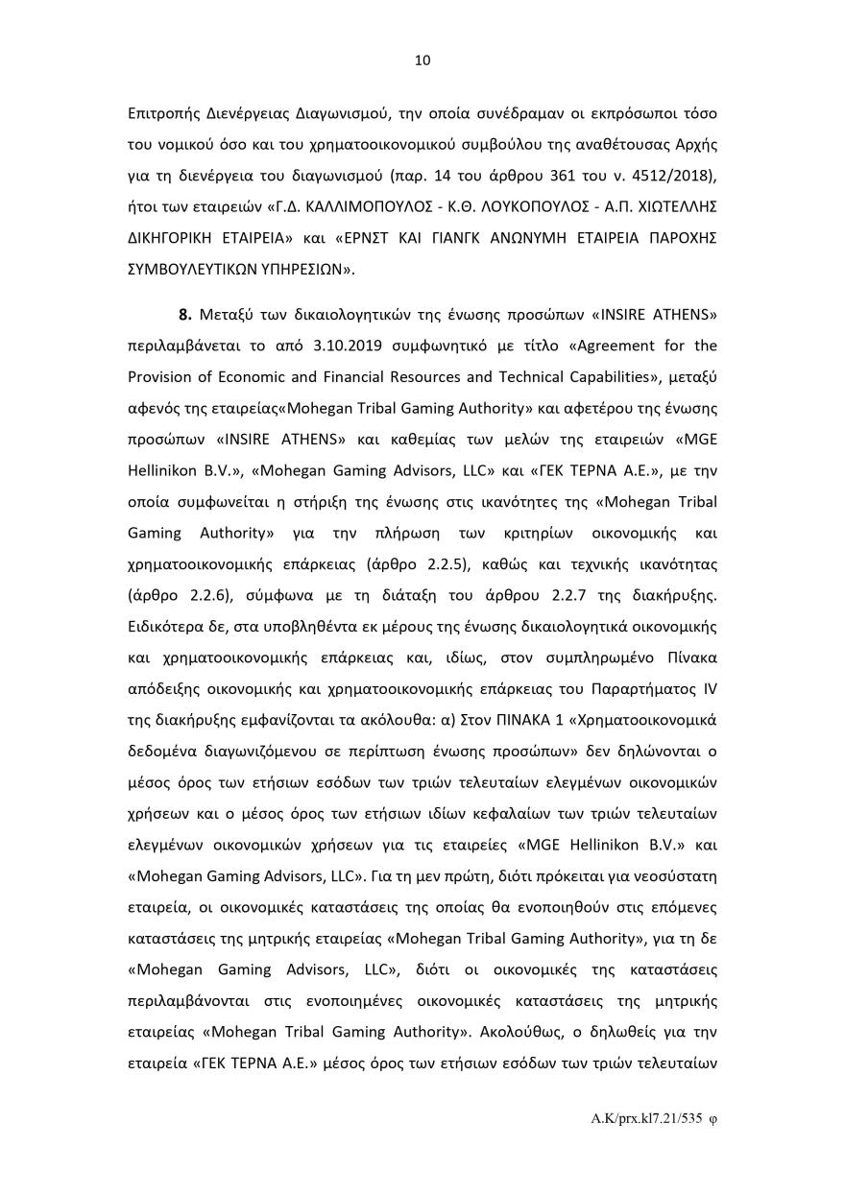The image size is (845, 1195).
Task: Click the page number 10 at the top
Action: (x=422, y=60)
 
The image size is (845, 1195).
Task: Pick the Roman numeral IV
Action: (x=709, y=690)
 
